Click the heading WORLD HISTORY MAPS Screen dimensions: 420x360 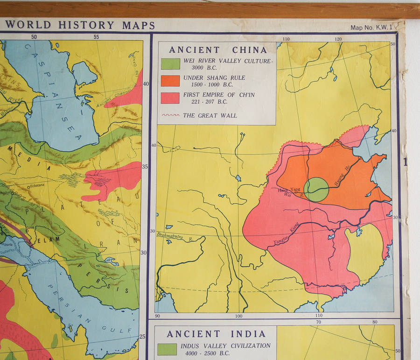point(74,25)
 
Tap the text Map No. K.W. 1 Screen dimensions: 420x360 point(371,28)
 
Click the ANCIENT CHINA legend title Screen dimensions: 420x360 point(218,50)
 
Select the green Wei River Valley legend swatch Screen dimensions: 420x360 point(170,64)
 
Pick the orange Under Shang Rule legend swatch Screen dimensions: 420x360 point(170,81)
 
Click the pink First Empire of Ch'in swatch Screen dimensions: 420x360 point(170,98)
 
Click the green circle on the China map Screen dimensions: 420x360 point(316,190)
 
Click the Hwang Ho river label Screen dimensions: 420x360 point(343,176)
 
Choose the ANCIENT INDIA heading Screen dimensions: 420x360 point(216,334)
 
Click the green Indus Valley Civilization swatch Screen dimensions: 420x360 point(167,349)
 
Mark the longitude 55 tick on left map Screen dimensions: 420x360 point(97,37)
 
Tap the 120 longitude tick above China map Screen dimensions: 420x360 point(337,39)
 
